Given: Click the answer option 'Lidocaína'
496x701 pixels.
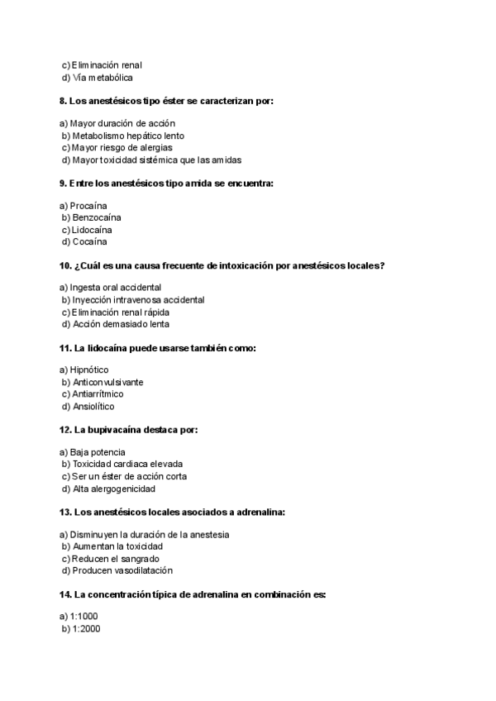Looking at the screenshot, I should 92,230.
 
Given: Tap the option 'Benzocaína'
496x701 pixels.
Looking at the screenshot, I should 96,217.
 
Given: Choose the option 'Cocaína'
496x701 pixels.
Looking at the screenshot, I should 89,242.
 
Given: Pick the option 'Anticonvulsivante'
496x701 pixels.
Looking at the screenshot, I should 107,382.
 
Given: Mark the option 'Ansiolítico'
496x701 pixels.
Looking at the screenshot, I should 93,407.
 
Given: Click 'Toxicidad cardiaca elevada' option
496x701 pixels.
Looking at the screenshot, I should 127,464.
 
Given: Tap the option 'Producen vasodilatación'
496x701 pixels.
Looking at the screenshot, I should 122,571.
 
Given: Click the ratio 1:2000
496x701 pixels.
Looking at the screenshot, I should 86,629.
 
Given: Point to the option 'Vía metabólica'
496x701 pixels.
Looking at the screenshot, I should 103,78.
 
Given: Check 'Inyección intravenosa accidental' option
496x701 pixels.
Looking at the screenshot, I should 138,300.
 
